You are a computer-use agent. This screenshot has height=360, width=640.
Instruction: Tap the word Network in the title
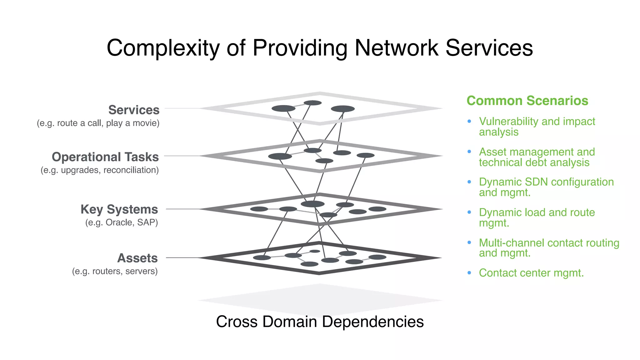[396, 48]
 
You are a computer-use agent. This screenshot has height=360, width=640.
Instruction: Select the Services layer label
[134, 110]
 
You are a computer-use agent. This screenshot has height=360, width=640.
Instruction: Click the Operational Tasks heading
[105, 157]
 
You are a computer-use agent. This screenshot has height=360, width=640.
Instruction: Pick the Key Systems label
[119, 209]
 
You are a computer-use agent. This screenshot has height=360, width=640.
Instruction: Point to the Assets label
[137, 258]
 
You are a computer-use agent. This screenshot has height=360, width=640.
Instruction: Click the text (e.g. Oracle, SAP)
[122, 222]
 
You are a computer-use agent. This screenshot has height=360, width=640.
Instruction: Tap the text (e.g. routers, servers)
[115, 271]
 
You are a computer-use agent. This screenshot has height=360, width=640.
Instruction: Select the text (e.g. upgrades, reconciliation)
[100, 170]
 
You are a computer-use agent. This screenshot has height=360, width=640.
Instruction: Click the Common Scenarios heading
[527, 101]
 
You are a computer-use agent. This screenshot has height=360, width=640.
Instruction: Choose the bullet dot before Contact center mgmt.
[469, 273]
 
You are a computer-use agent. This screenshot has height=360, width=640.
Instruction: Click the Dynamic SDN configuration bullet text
[546, 187]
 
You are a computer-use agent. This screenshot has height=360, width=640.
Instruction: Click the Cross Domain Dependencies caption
[320, 322]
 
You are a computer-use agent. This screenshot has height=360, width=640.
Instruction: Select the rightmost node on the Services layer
[343, 109]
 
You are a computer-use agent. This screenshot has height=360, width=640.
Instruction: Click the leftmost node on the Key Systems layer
[259, 209]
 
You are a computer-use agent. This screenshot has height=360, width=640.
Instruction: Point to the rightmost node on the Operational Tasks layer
[365, 155]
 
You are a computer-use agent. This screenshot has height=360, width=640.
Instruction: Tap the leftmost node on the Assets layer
[262, 257]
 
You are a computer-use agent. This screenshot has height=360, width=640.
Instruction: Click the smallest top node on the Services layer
[312, 103]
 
